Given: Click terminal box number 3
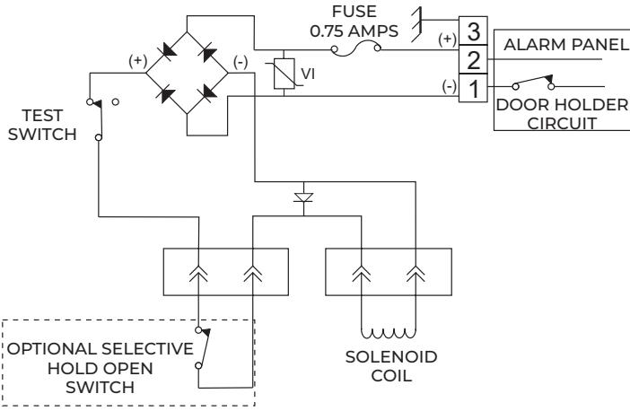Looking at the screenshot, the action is [473, 31].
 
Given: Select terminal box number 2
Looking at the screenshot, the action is [473, 59].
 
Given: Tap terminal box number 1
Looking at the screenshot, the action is [473, 88].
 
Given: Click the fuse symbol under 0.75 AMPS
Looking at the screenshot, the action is [355, 49].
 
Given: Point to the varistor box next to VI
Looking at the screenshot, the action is [284, 74].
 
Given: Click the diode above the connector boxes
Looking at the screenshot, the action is [303, 197].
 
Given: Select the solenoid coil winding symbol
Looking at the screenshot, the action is [389, 334].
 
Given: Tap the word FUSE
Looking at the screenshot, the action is [354, 12].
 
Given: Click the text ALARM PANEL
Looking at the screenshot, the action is [565, 45].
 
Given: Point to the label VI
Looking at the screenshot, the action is [308, 74].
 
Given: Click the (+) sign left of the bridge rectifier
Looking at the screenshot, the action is [138, 61].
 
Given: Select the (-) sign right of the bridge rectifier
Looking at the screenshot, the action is [241, 62].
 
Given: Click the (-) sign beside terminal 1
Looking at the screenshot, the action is [449, 86].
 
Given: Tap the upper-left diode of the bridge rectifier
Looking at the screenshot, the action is [167, 51].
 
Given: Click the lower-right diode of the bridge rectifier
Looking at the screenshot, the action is [208, 92].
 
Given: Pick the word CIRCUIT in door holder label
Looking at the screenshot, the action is [562, 123].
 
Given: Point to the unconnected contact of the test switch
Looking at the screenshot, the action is [115, 102].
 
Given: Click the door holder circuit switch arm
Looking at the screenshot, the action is [534, 81].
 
